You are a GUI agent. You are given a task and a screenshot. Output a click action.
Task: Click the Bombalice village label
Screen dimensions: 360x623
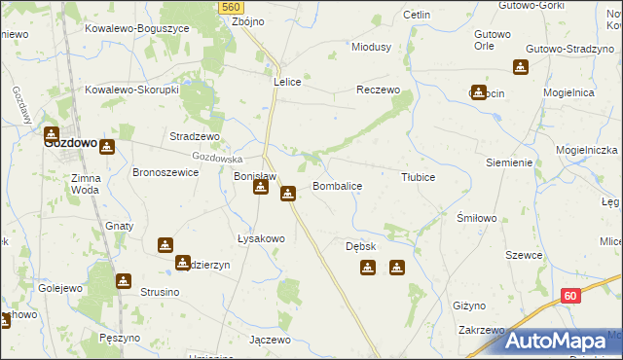[x=337, y=185]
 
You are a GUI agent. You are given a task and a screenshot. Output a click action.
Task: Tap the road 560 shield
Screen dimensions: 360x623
[x=230, y=7]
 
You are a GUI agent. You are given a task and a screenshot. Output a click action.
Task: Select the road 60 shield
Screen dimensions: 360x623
[x=571, y=295]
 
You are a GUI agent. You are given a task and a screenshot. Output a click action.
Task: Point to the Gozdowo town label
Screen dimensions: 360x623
[x=71, y=142]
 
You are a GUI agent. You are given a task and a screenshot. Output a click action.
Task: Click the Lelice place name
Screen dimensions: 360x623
[x=291, y=83]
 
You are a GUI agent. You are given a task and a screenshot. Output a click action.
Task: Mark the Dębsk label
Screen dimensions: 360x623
[x=360, y=246]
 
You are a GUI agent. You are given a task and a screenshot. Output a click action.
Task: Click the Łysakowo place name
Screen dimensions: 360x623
[x=261, y=238]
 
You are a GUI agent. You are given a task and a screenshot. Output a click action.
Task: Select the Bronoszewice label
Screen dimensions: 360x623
[x=165, y=172]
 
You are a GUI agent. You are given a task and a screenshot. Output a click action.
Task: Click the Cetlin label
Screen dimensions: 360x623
[x=417, y=16]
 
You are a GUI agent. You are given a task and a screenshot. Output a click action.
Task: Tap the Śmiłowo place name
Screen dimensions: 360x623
[x=477, y=219]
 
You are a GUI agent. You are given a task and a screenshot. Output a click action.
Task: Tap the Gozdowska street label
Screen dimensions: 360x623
[x=216, y=158]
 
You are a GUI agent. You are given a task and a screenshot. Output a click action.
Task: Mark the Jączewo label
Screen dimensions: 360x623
[x=270, y=340]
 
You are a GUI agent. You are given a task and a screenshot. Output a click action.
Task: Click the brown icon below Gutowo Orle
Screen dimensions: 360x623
[x=521, y=67]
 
